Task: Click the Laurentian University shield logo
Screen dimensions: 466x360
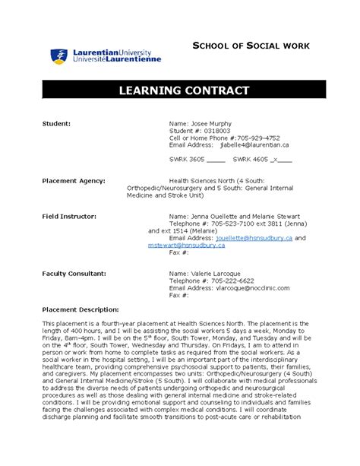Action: click(57, 55)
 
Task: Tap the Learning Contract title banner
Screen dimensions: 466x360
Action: click(183, 90)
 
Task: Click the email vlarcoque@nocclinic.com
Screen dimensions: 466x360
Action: click(254, 288)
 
